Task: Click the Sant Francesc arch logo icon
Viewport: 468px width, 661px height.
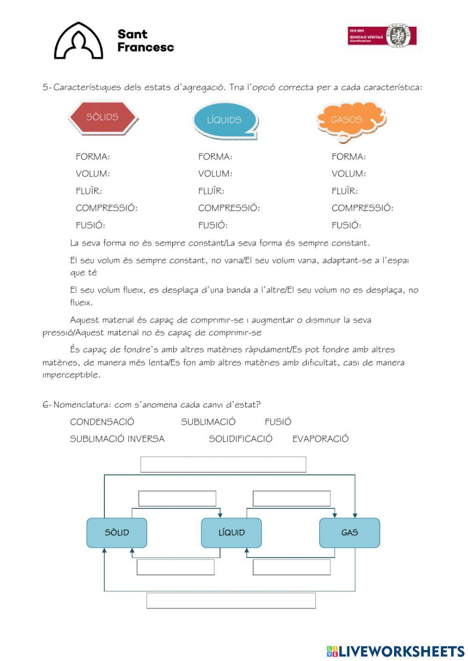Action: (x=78, y=41)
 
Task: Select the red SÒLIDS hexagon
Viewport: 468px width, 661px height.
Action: (x=102, y=117)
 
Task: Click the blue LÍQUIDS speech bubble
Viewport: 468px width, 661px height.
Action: (x=225, y=120)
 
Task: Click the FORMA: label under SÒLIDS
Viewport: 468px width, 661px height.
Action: (x=93, y=157)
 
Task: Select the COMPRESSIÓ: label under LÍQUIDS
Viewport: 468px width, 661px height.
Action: (x=229, y=208)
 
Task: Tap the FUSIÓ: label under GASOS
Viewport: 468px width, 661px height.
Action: (x=346, y=225)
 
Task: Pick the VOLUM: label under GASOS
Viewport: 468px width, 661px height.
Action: (x=349, y=174)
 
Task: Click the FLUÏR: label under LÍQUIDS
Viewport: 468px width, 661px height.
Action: (x=211, y=191)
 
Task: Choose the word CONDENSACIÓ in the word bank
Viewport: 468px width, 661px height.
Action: (x=102, y=422)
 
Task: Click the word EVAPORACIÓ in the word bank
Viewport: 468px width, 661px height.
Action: (x=321, y=439)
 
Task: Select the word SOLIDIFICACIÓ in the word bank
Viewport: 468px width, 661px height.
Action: (x=241, y=439)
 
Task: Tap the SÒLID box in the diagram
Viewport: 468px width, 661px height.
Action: (x=117, y=533)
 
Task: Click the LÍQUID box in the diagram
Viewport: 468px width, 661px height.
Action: (x=231, y=533)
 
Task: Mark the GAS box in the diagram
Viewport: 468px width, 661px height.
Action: (x=350, y=533)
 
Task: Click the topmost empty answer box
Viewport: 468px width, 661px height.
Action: (x=223, y=465)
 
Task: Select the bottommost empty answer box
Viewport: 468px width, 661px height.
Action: (x=231, y=601)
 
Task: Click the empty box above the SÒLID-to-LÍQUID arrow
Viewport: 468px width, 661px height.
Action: (x=177, y=499)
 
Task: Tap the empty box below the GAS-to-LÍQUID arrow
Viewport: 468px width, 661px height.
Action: (x=292, y=567)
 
